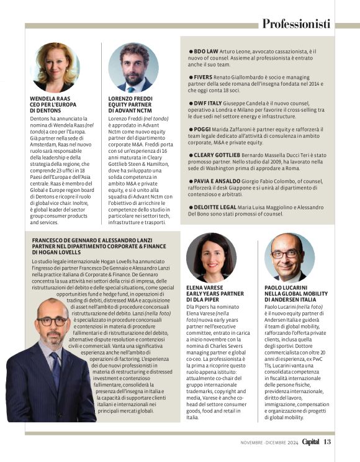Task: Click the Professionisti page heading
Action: point(295,24)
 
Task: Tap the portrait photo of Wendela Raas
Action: point(55,68)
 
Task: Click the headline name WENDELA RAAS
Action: point(50,98)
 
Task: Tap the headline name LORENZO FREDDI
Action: point(130,98)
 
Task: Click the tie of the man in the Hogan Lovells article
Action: point(55,373)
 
